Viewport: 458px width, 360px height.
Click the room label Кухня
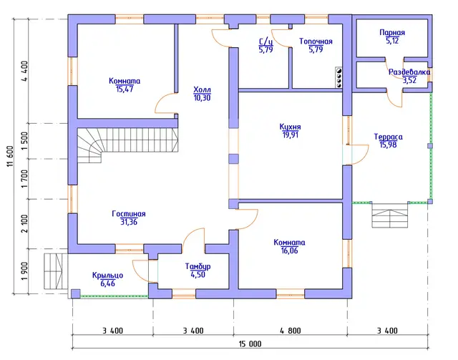pyautogui.click(x=290, y=127)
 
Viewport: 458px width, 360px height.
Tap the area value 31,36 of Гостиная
pyautogui.click(x=129, y=222)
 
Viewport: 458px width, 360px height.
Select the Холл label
pyautogui.click(x=202, y=89)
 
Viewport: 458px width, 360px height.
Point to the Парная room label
pyautogui.click(x=392, y=32)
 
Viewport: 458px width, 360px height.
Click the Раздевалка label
pyautogui.click(x=409, y=72)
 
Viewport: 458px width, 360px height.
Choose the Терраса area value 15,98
pyautogui.click(x=388, y=145)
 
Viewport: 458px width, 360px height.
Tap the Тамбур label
pyautogui.click(x=198, y=266)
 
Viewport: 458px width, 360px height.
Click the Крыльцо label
pyautogui.click(x=107, y=276)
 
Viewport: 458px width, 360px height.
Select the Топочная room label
pyautogui.click(x=316, y=42)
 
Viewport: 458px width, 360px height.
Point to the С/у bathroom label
pyautogui.click(x=265, y=42)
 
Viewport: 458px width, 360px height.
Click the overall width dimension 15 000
pyautogui.click(x=250, y=344)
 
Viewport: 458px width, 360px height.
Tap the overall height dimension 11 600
pyautogui.click(x=10, y=156)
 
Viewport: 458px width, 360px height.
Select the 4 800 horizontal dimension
pyautogui.click(x=290, y=331)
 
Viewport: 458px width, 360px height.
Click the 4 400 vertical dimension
pyautogui.click(x=24, y=71)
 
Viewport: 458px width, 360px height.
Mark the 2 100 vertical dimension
pyautogui.click(x=24, y=224)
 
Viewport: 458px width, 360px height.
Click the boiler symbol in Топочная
pyautogui.click(x=338, y=77)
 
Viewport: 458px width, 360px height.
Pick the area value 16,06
pyautogui.click(x=289, y=250)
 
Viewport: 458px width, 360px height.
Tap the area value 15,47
pyautogui.click(x=125, y=89)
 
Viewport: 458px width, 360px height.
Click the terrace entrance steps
pyautogui.click(x=389, y=215)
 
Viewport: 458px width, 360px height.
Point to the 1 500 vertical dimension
pyautogui.click(x=24, y=141)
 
